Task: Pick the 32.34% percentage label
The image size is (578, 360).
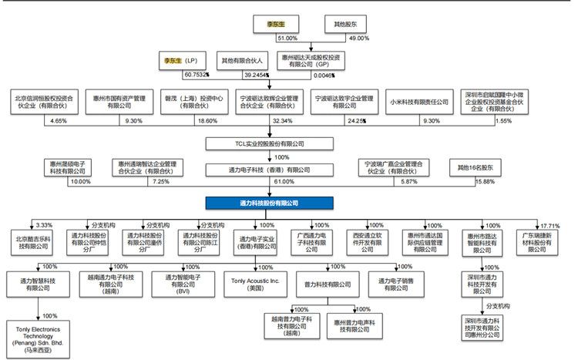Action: tap(284, 122)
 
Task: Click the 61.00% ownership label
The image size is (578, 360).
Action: tap(284, 182)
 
